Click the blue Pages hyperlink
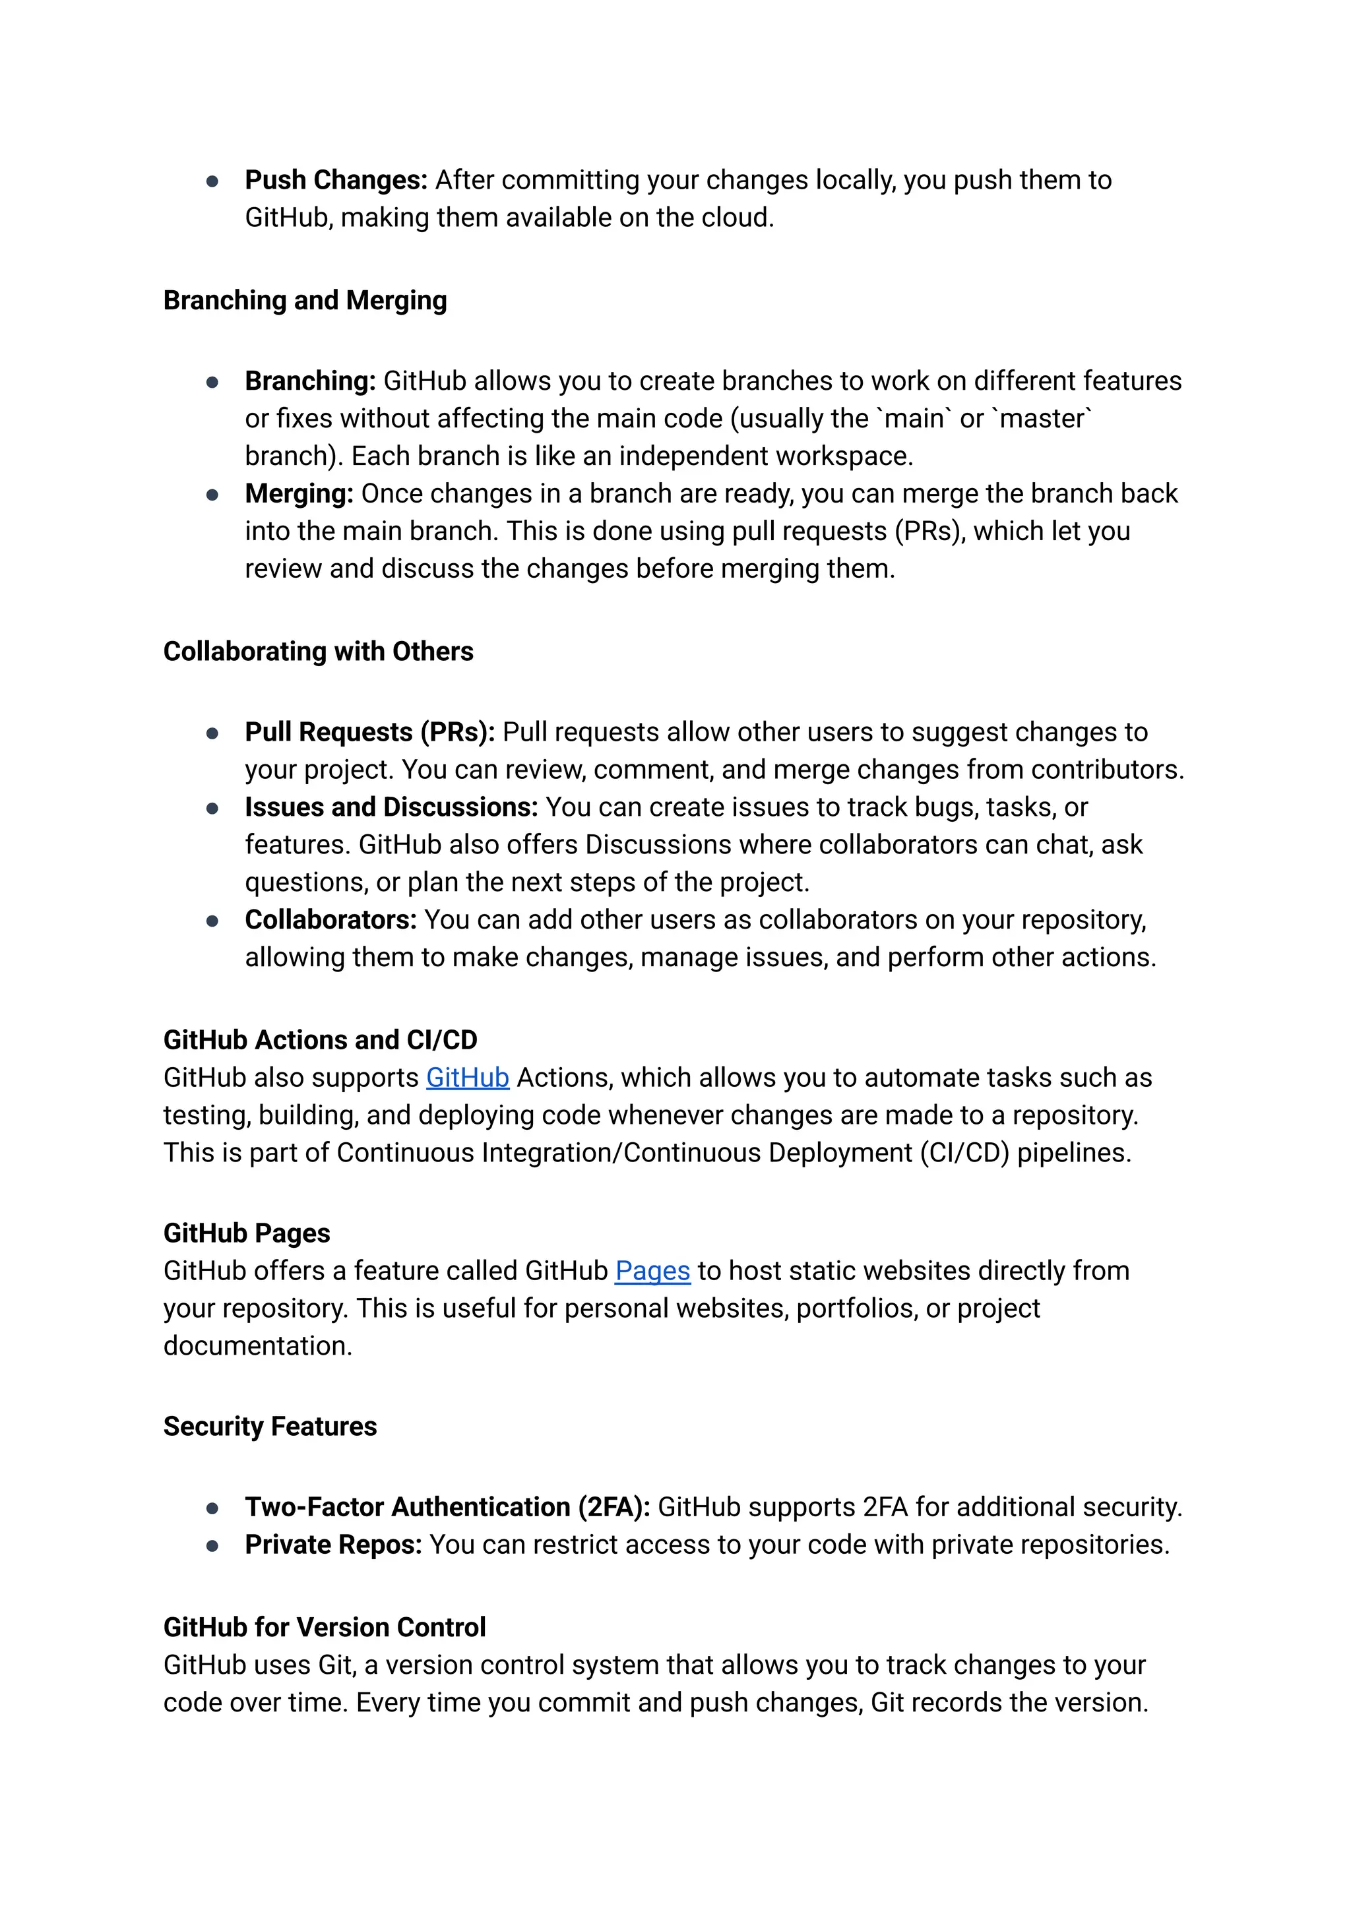(652, 1271)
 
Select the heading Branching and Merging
(305, 300)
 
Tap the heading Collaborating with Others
(318, 651)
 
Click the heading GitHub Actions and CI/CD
(321, 1039)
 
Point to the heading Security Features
(270, 1427)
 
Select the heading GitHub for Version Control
(325, 1627)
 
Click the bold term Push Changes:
(336, 179)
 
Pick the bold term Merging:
(299, 493)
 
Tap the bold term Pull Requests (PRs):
(369, 732)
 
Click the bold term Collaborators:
(330, 920)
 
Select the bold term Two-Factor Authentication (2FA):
(447, 1507)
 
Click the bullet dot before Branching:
(212, 382)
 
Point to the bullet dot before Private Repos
(212, 1545)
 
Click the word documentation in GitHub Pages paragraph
(258, 1345)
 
